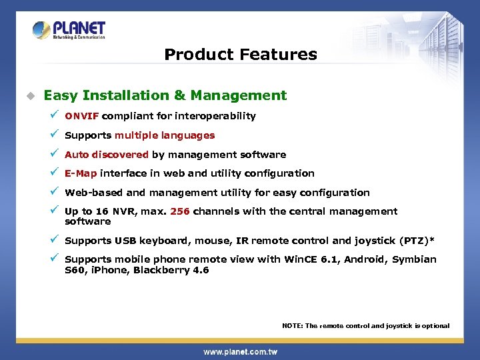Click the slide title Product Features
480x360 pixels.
coord(241,54)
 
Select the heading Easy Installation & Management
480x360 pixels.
coord(165,95)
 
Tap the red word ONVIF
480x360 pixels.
coord(81,116)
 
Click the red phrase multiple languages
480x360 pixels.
coord(165,135)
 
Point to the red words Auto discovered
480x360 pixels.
coord(107,155)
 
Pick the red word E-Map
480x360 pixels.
coord(81,173)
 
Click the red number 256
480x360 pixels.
coord(180,211)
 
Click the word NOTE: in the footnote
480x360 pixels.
coord(293,326)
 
